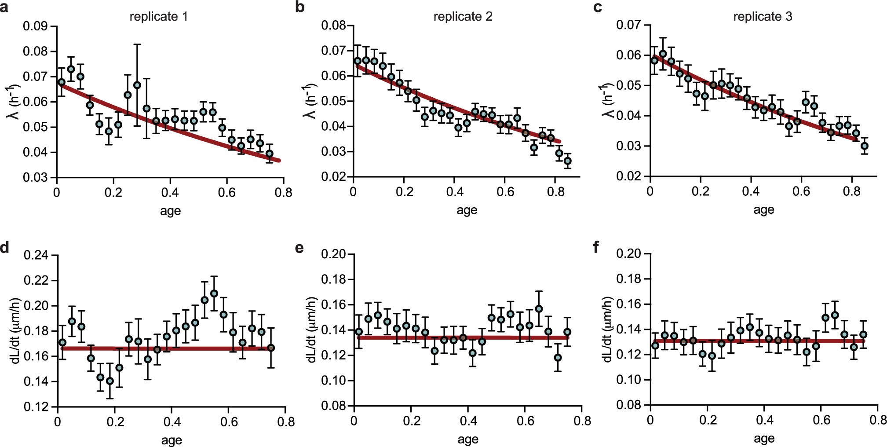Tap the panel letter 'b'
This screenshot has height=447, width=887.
(300, 7)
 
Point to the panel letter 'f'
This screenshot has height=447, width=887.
(596, 248)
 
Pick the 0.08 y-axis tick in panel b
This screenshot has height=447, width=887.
(334, 25)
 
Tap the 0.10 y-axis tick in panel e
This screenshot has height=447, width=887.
(334, 380)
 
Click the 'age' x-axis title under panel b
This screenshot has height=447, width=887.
(467, 210)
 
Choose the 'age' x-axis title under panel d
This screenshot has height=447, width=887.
(171, 440)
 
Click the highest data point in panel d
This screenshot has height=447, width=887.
(214, 293)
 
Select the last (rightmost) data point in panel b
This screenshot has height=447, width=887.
(568, 161)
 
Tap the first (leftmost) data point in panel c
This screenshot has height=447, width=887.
(654, 60)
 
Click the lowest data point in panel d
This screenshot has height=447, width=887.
(110, 381)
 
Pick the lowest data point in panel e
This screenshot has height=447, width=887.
(558, 358)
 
